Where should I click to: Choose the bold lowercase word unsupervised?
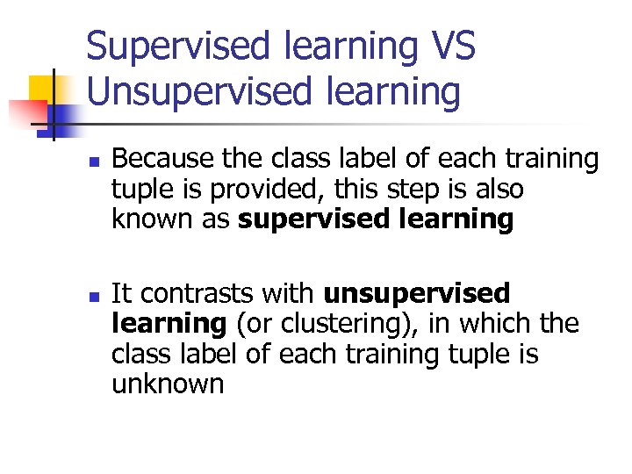(416, 294)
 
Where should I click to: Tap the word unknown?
(168, 384)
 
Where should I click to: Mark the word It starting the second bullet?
(121, 294)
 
